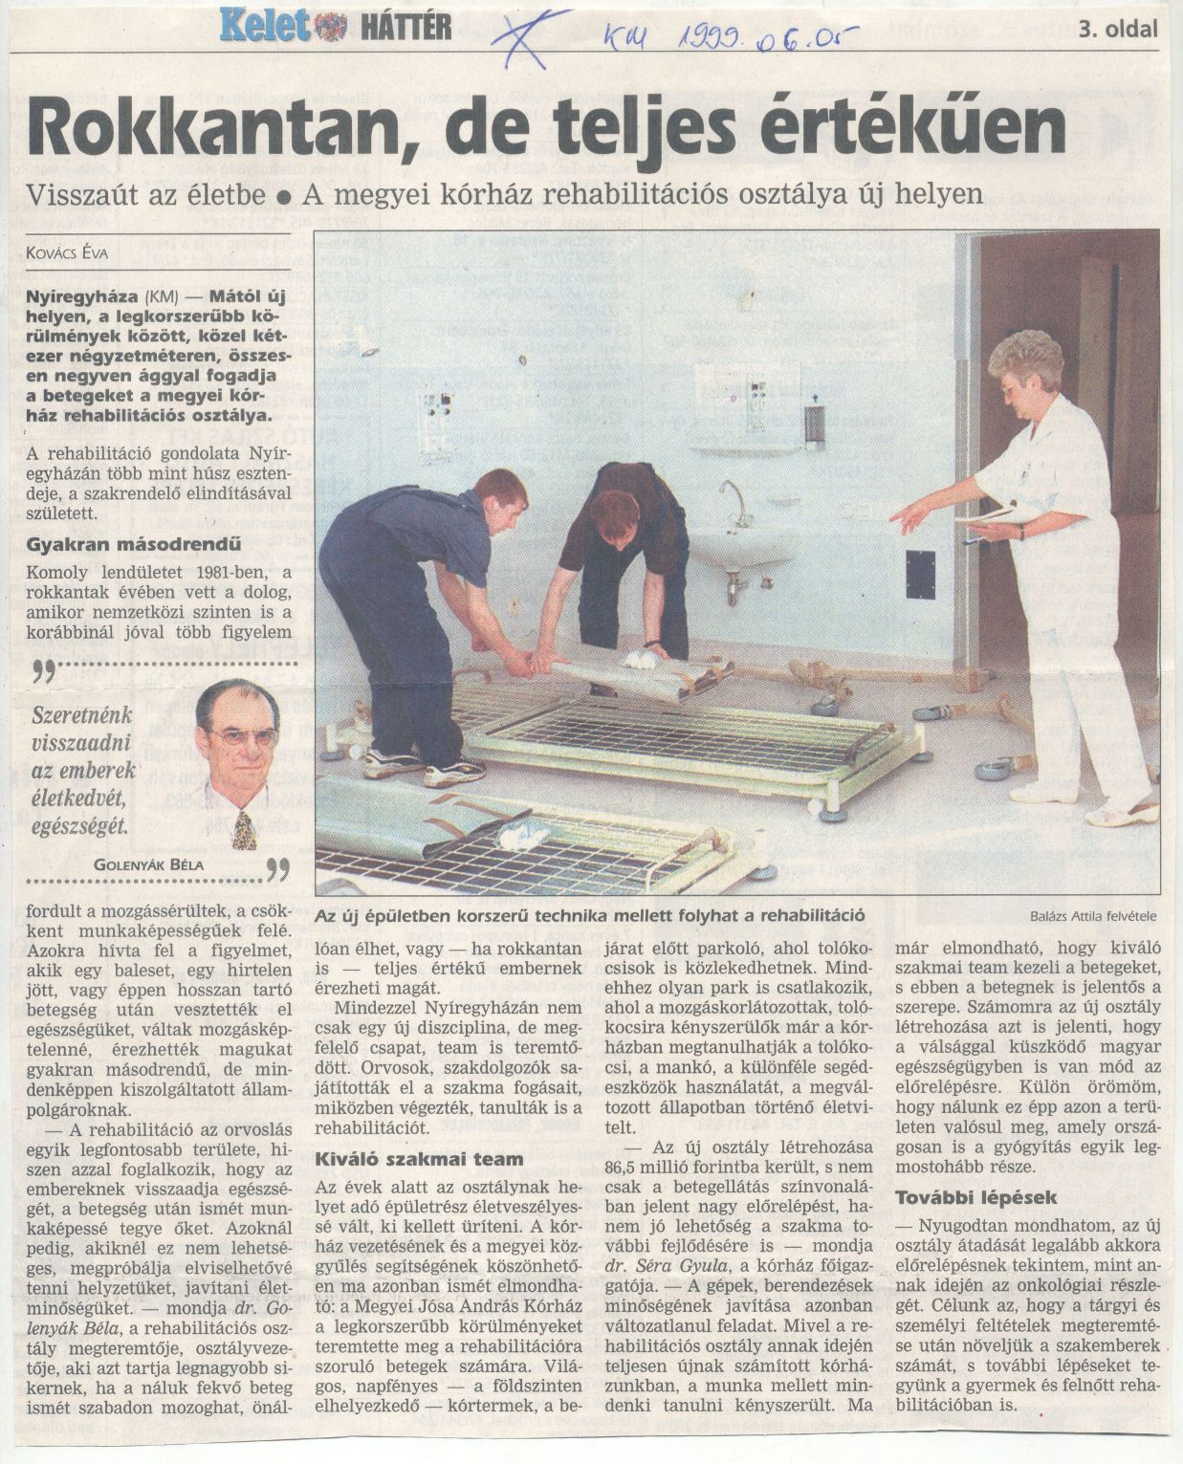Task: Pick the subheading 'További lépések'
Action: [962, 1196]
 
